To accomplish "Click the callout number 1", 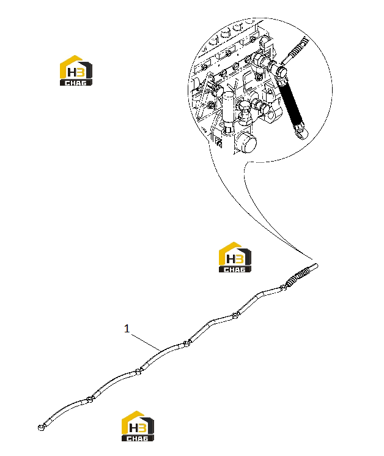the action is (x=127, y=329).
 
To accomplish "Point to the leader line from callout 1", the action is (x=146, y=342).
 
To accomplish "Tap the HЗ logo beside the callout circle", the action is (x=76, y=70).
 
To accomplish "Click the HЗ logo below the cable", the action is (x=138, y=426).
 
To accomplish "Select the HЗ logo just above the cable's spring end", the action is (x=235, y=257).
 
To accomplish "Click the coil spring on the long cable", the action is (x=296, y=277).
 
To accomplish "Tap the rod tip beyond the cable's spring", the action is (x=312, y=267).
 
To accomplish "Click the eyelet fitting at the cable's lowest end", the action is (x=41, y=427).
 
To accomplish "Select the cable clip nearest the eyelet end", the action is (x=89, y=399).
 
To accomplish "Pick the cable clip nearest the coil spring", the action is (x=282, y=288).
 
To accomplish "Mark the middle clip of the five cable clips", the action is (x=186, y=344).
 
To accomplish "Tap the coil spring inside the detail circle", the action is (x=298, y=49).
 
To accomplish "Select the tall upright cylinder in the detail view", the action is (x=229, y=113).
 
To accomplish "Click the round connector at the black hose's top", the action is (x=279, y=72).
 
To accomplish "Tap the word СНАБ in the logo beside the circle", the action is (x=76, y=83).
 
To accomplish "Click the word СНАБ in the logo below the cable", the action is (x=138, y=438).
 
